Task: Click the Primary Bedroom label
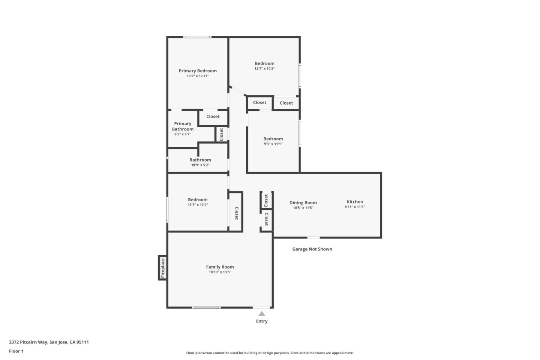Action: click(x=198, y=71)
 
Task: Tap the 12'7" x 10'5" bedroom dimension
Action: click(x=265, y=69)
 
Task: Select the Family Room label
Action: click(x=220, y=267)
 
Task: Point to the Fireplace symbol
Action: click(x=163, y=268)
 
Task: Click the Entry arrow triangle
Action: click(x=262, y=314)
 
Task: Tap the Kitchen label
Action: click(x=355, y=202)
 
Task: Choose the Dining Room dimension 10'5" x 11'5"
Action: click(x=303, y=208)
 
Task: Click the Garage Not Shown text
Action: click(x=312, y=249)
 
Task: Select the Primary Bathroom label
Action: click(x=183, y=126)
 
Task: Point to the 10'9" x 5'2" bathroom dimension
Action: click(x=200, y=165)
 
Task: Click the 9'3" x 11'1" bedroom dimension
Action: click(x=273, y=144)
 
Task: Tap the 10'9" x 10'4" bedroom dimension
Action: click(x=198, y=205)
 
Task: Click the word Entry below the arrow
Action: click(x=262, y=321)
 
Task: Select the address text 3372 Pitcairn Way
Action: click(x=28, y=342)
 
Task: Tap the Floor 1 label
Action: click(x=16, y=351)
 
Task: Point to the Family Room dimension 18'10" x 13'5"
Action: click(x=220, y=272)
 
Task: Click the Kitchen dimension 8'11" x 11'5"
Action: click(x=355, y=207)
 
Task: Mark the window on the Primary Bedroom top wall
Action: click(x=197, y=37)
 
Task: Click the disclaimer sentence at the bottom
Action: click(x=270, y=353)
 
